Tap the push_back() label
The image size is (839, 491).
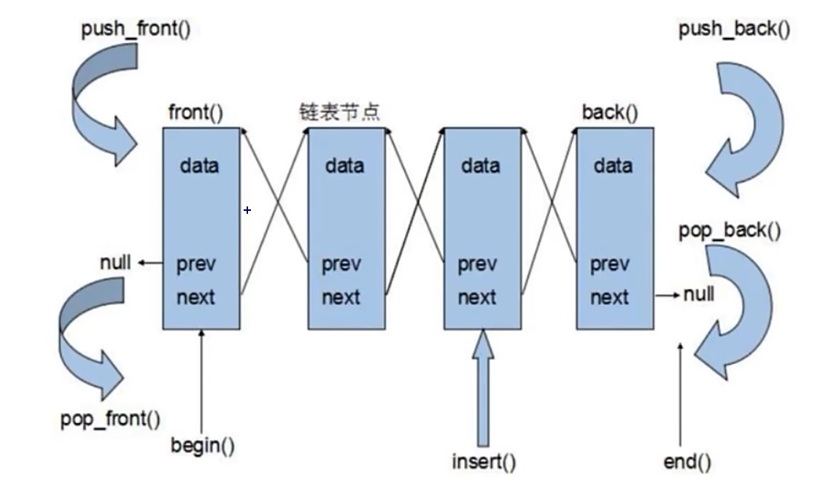(x=734, y=30)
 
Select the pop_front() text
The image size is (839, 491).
(x=111, y=419)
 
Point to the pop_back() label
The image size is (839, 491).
(x=730, y=231)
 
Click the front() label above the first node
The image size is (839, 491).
(x=196, y=113)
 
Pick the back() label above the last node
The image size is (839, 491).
(x=609, y=113)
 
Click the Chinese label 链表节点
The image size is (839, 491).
(x=340, y=112)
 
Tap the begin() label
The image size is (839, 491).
(x=203, y=444)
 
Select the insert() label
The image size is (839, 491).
(x=484, y=462)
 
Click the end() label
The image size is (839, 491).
(x=687, y=461)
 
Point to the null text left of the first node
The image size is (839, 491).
(x=115, y=263)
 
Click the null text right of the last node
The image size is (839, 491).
(x=699, y=295)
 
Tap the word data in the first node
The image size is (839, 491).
(x=199, y=166)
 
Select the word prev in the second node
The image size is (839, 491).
(x=341, y=264)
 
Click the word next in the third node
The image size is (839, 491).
(x=477, y=298)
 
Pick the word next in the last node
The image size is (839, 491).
(x=609, y=298)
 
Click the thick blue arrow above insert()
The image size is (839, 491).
(x=482, y=387)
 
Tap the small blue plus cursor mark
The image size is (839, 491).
(x=247, y=210)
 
